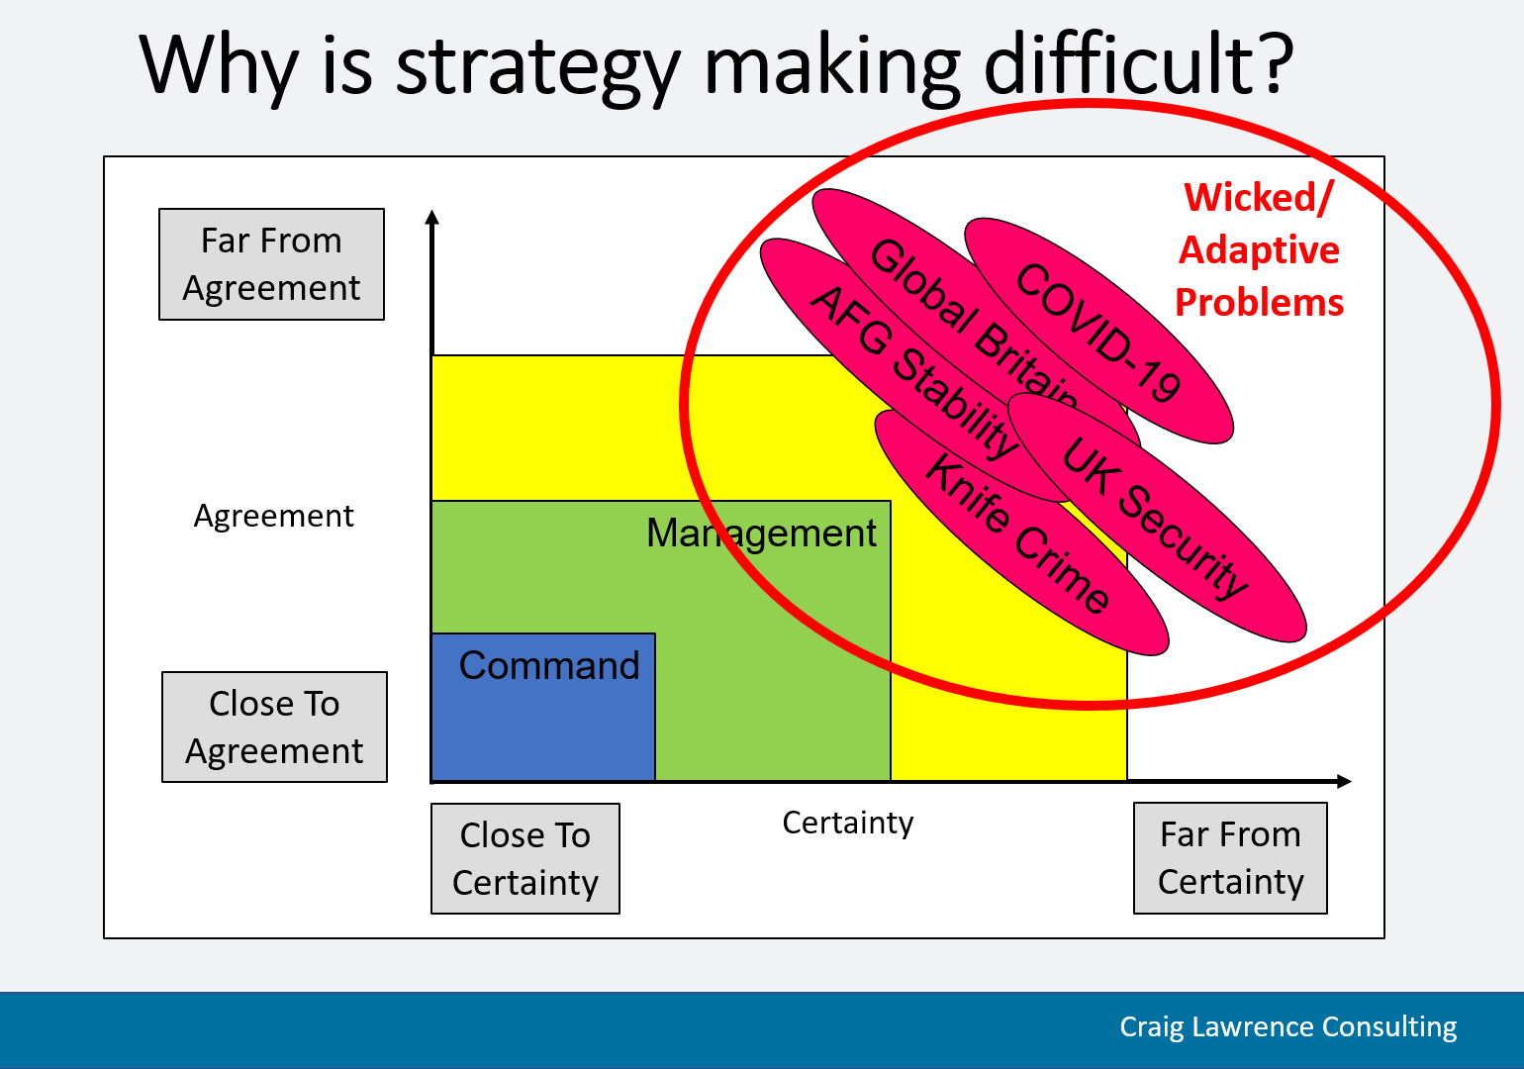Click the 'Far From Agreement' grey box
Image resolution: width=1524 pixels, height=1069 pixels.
click(x=271, y=264)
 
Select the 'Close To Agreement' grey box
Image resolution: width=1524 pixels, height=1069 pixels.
click(x=274, y=727)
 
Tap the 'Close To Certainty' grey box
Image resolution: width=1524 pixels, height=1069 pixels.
click(x=525, y=858)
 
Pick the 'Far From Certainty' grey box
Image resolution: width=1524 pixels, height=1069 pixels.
click(x=1230, y=857)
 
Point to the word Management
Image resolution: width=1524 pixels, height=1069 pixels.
click(x=761, y=533)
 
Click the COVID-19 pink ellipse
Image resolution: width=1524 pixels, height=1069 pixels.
click(x=1098, y=331)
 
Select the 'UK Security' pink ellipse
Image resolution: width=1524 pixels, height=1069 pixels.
click(x=1157, y=518)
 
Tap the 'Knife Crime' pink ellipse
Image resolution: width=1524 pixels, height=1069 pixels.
click(x=1021, y=533)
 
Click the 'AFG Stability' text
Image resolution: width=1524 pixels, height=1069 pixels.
click(x=914, y=371)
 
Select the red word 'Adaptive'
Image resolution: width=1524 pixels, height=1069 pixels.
click(x=1259, y=249)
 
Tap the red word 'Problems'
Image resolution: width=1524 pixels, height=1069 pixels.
click(x=1259, y=302)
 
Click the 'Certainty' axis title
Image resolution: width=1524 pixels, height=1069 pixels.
click(x=848, y=823)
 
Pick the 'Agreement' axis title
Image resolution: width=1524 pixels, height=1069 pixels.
click(x=273, y=516)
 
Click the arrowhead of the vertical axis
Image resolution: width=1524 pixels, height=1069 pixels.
click(x=432, y=217)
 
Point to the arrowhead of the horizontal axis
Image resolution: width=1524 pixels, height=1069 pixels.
click(x=1344, y=781)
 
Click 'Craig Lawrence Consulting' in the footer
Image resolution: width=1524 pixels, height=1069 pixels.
click(x=1287, y=1026)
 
